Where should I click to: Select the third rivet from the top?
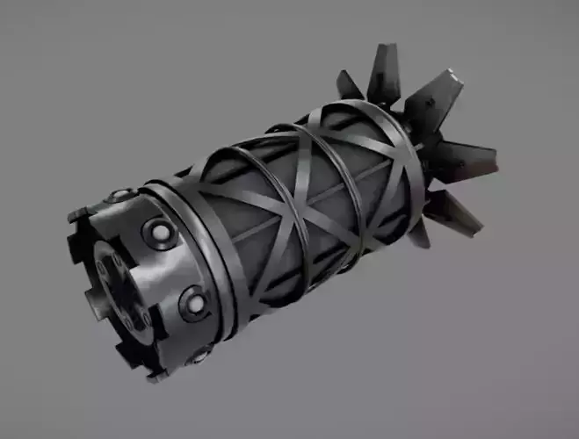pos(194,303)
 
